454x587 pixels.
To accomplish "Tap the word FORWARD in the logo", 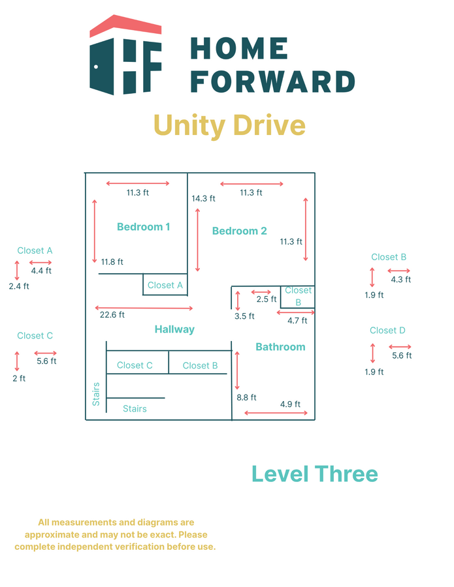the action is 272,82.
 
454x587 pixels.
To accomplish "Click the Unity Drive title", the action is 229,125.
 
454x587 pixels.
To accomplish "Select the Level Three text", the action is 314,474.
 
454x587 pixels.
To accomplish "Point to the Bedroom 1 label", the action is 143,227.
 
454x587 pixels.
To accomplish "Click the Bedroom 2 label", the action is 239,231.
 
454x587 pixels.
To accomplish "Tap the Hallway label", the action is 174,329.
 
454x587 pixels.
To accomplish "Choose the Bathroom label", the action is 280,347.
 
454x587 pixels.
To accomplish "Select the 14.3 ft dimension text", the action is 203,198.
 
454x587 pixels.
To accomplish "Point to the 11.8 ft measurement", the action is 112,262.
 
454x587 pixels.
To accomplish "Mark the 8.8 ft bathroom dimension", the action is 246,397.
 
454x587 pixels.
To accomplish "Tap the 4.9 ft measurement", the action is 290,404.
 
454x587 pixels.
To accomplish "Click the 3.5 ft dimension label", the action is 244,316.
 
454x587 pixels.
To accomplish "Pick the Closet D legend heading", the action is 387,331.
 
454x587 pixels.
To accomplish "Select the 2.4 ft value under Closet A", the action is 19,286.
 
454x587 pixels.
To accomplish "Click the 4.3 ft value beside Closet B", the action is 400,279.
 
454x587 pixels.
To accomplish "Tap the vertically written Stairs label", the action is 97,394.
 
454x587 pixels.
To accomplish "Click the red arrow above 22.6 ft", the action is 144,307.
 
